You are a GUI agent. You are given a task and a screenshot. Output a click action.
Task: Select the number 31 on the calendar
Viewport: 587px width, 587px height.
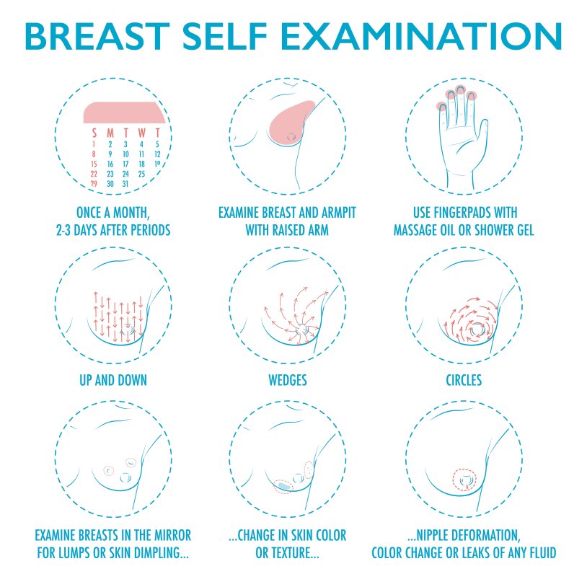[x=125, y=184]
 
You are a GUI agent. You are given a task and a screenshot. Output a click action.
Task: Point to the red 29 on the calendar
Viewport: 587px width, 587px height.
[x=94, y=184]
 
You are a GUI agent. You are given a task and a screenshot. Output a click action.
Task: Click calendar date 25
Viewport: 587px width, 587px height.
[x=141, y=174]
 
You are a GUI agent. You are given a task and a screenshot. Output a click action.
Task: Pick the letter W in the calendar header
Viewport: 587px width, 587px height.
[x=141, y=133]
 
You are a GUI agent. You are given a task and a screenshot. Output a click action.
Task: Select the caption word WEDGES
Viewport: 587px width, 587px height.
[x=287, y=379]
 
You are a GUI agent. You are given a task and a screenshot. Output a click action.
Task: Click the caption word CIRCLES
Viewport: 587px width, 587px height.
[x=463, y=379]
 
